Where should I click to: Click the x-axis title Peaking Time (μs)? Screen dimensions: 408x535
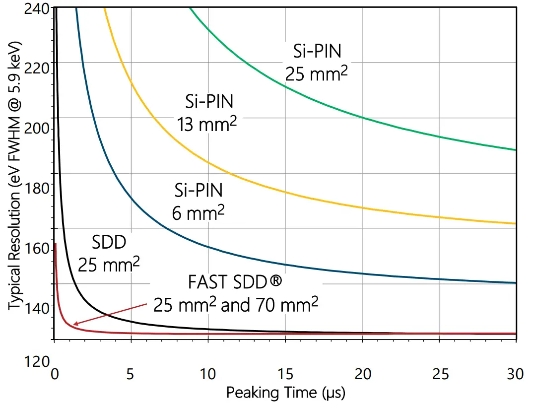[285, 393]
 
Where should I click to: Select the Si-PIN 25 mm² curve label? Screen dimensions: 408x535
[316, 62]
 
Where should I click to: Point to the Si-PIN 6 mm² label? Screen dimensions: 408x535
[199, 201]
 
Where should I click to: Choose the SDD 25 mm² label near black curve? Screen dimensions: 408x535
[109, 253]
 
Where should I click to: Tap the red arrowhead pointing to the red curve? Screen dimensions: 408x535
[75, 324]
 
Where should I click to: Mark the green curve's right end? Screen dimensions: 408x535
[516, 149]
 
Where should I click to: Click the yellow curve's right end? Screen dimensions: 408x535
[516, 223]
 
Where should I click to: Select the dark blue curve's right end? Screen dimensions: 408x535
[516, 282]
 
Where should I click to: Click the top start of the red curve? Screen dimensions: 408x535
[56, 244]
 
